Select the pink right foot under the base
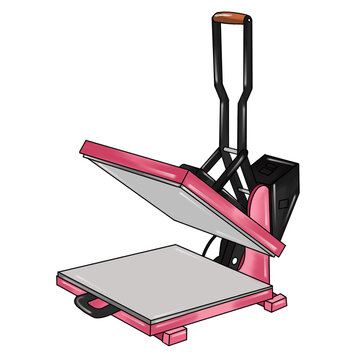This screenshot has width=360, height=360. [x=273, y=300]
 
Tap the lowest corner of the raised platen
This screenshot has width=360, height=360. [x=280, y=248]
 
